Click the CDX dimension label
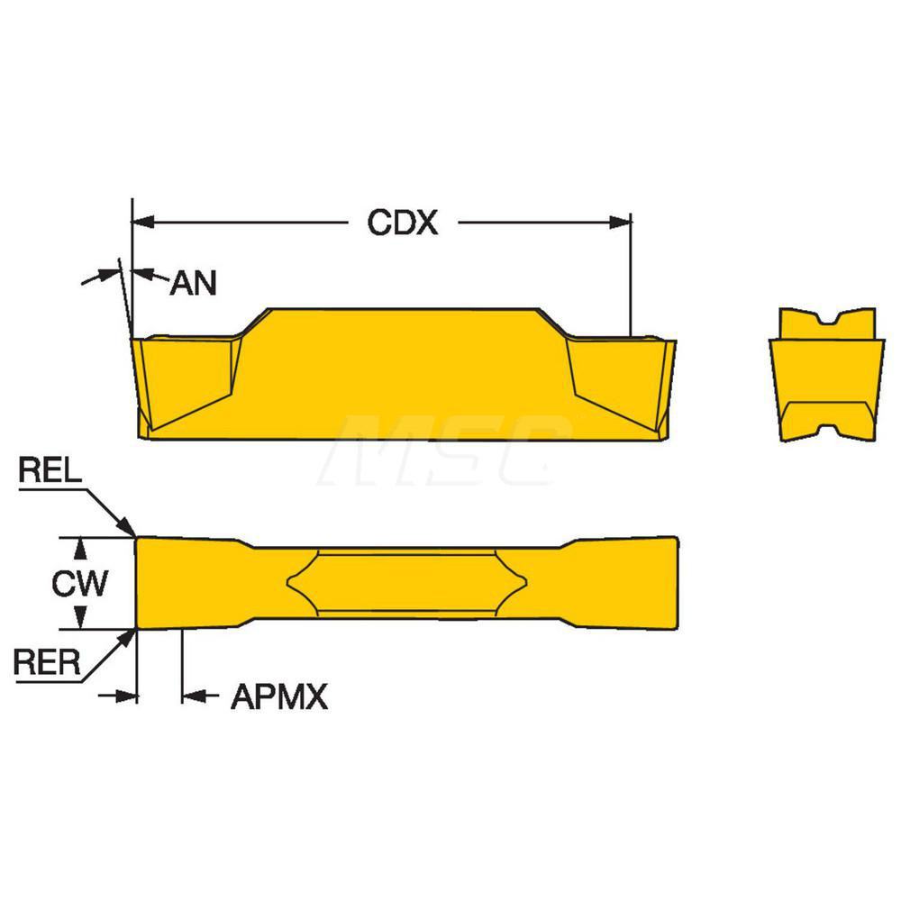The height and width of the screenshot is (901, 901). click(x=402, y=223)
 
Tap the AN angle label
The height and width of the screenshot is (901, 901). click(x=193, y=284)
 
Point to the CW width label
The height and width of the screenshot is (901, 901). click(x=79, y=584)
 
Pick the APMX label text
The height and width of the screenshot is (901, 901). click(x=279, y=696)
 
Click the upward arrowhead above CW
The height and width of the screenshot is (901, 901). click(x=80, y=547)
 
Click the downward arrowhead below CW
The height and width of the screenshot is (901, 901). click(x=80, y=619)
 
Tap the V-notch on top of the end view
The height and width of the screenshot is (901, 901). click(x=826, y=320)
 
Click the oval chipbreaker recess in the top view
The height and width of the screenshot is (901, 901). click(x=407, y=582)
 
